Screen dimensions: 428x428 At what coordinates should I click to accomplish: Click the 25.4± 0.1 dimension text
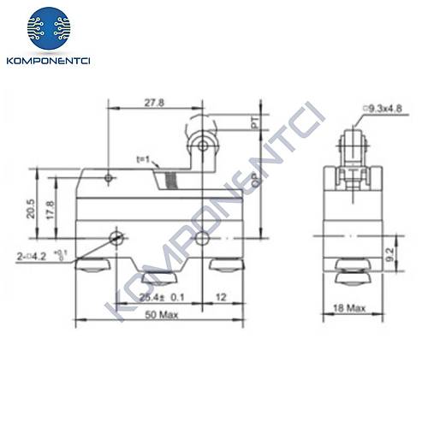162,296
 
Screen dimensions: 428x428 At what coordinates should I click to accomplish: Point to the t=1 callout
143,160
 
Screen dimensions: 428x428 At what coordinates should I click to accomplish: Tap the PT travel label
254,125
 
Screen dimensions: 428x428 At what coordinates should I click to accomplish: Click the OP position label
254,180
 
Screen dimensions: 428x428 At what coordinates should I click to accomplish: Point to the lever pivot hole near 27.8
109,178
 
